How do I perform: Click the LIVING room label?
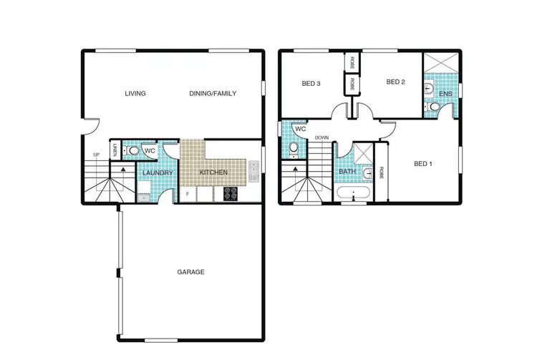[x=135, y=94]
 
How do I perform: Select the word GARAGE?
[x=190, y=272]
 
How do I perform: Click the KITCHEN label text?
[x=213, y=173]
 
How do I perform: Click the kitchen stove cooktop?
[x=231, y=193]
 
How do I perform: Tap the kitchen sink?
[x=253, y=172]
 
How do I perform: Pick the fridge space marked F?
[x=188, y=194]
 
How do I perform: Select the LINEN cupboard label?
[x=114, y=150]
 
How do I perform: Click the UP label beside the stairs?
[x=96, y=155]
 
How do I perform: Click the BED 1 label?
[x=423, y=164]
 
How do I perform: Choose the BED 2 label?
[x=396, y=82]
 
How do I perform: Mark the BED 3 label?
[x=310, y=84]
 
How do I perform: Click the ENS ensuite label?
[x=445, y=93]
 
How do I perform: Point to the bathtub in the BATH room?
[x=353, y=194]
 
